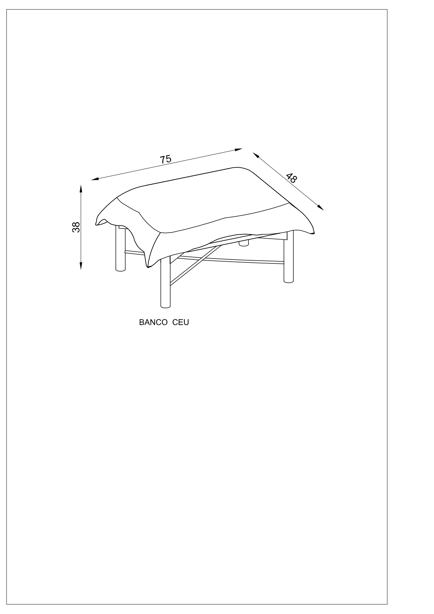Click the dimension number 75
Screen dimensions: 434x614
pos(166,159)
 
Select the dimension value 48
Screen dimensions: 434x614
pos(291,178)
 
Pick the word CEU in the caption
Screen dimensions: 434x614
pos(181,322)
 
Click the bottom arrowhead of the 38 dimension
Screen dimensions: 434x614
pos(81,266)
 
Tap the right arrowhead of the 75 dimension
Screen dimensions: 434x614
pos(239,150)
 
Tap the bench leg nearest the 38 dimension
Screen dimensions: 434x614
pos(120,249)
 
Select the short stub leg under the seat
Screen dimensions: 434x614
pos(244,242)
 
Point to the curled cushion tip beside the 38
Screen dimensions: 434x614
pos(100,221)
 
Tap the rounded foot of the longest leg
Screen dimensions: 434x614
pos(165,306)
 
